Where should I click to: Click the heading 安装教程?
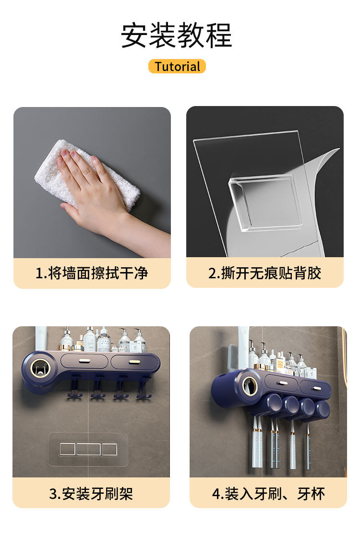click(x=177, y=35)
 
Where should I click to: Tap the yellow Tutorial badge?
click(x=177, y=66)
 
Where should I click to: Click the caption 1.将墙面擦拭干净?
click(x=92, y=273)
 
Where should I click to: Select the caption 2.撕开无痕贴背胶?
click(x=265, y=273)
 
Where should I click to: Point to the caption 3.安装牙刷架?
click(x=91, y=494)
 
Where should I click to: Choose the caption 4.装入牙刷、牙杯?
click(x=268, y=494)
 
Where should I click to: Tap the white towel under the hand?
click(x=87, y=175)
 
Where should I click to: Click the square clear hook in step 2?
click(x=265, y=202)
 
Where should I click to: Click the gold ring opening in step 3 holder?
click(x=40, y=369)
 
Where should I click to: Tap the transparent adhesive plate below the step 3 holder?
click(x=88, y=449)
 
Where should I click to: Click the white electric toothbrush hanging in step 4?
click(x=257, y=443)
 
